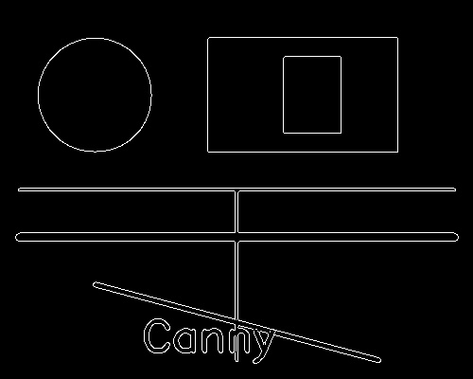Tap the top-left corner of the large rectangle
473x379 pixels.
[208, 38]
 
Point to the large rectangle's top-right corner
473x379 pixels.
[397, 38]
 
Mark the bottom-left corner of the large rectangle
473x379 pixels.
[208, 152]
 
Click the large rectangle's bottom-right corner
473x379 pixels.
[397, 152]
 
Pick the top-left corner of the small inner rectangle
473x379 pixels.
[284, 57]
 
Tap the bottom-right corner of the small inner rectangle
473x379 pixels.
[341, 133]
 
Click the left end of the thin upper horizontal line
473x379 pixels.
[18, 189]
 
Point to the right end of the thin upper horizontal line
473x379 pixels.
[455, 189]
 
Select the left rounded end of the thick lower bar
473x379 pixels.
[16, 237]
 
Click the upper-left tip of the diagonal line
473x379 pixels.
[94, 284]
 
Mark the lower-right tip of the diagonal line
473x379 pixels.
[380, 360]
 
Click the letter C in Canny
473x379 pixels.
[157, 335]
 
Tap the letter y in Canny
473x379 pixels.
[262, 346]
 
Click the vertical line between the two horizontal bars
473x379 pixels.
[236, 212]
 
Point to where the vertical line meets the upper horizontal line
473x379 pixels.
[236, 189]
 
